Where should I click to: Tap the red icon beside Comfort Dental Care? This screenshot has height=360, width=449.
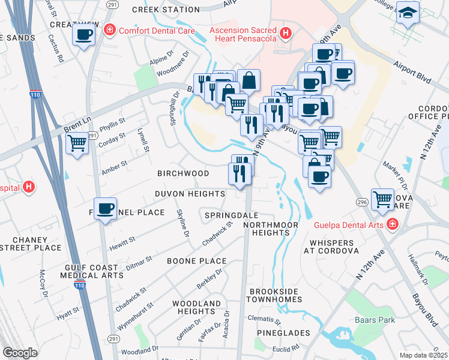[109, 30]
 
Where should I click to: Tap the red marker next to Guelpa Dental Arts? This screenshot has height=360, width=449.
[392, 225]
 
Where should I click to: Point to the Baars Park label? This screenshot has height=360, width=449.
[375, 320]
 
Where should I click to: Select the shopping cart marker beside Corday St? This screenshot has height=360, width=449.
[77, 144]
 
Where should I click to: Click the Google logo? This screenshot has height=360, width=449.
[20, 352]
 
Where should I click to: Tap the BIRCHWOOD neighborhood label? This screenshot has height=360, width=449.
[183, 173]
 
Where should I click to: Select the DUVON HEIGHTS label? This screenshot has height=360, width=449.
[190, 194]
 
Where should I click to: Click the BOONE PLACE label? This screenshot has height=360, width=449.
[196, 261]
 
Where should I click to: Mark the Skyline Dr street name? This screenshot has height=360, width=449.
[183, 223]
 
